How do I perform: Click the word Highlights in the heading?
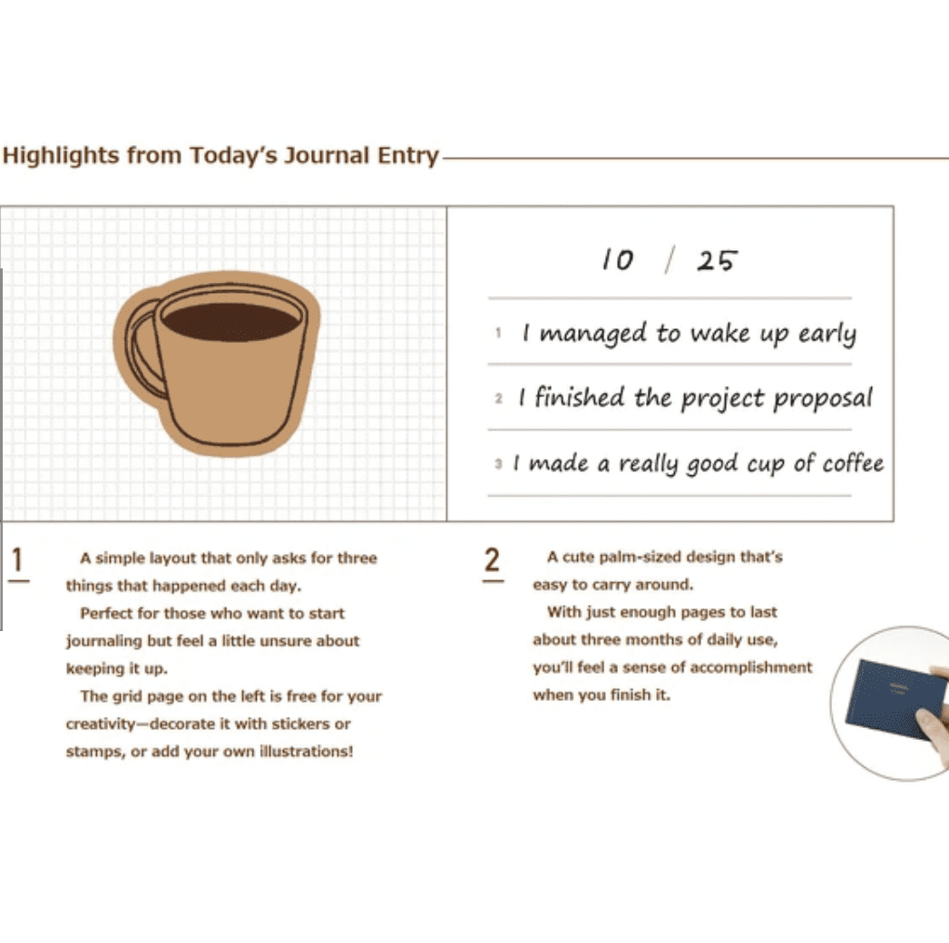point(61,156)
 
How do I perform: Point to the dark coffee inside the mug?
point(230,321)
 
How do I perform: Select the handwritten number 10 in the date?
point(617,260)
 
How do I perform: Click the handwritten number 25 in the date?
point(717,261)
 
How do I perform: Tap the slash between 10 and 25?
point(669,260)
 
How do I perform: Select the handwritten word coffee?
point(853,463)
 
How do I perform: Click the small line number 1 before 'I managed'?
point(498,333)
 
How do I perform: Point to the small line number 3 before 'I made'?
point(498,464)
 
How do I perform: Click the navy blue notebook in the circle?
point(895,698)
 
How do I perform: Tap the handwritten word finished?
point(579,397)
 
